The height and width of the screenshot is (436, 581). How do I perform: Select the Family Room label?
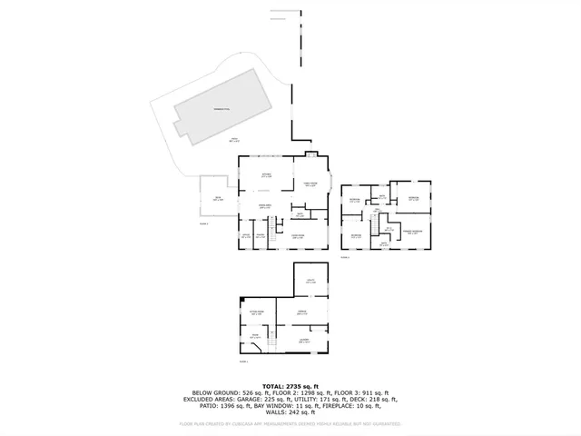coord(310,184)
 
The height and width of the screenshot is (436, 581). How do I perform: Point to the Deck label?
coord(218,199)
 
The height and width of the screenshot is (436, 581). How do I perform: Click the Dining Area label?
coord(267,206)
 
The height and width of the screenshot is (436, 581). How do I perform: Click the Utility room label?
coord(310,282)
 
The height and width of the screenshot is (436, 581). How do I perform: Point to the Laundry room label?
coord(305,341)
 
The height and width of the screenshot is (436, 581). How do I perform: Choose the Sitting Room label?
coord(256,312)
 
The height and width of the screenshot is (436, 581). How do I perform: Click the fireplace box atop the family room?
coord(310,153)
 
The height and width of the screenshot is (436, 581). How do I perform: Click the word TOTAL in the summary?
coord(275,385)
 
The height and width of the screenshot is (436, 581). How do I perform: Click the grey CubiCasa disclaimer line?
coord(290,423)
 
